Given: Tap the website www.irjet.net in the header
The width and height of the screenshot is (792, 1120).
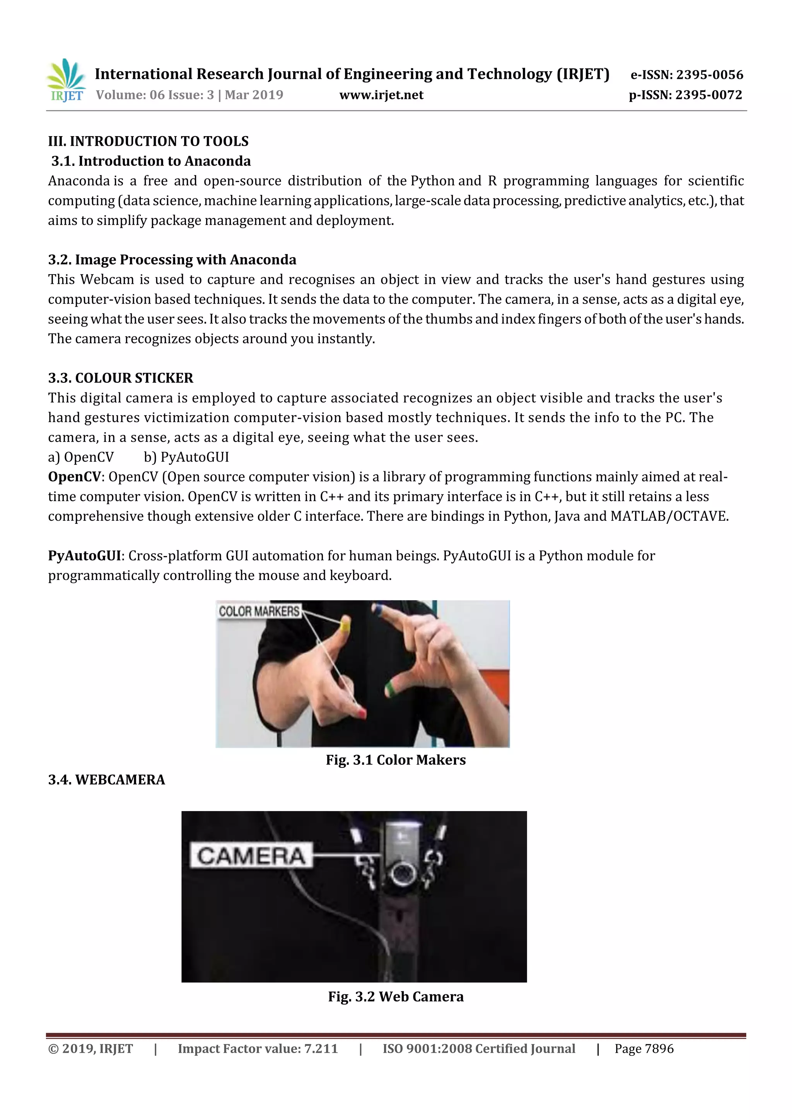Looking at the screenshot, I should click(381, 95).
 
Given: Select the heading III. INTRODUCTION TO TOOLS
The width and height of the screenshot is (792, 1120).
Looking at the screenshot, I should click(148, 141).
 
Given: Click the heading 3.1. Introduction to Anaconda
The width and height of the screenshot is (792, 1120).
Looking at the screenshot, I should click(151, 161).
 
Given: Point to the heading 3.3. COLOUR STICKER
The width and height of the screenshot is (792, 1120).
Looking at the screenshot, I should click(121, 378).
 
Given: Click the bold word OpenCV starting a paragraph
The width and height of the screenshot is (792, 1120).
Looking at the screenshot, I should click(75, 477).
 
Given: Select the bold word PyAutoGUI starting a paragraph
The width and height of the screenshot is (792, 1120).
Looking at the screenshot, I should click(84, 556).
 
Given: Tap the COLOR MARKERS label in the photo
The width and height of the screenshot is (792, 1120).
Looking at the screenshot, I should click(259, 611).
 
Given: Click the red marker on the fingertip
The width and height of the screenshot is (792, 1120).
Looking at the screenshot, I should click(362, 714).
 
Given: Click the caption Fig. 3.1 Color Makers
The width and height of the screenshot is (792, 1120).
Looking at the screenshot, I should click(396, 760).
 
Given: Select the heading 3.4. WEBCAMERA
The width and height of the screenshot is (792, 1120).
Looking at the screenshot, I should click(106, 779).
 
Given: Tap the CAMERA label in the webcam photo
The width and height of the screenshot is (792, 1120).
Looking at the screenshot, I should click(251, 856).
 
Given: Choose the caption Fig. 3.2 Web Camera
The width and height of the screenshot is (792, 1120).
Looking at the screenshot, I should click(396, 997).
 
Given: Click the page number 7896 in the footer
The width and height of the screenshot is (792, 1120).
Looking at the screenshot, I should click(659, 1049).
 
